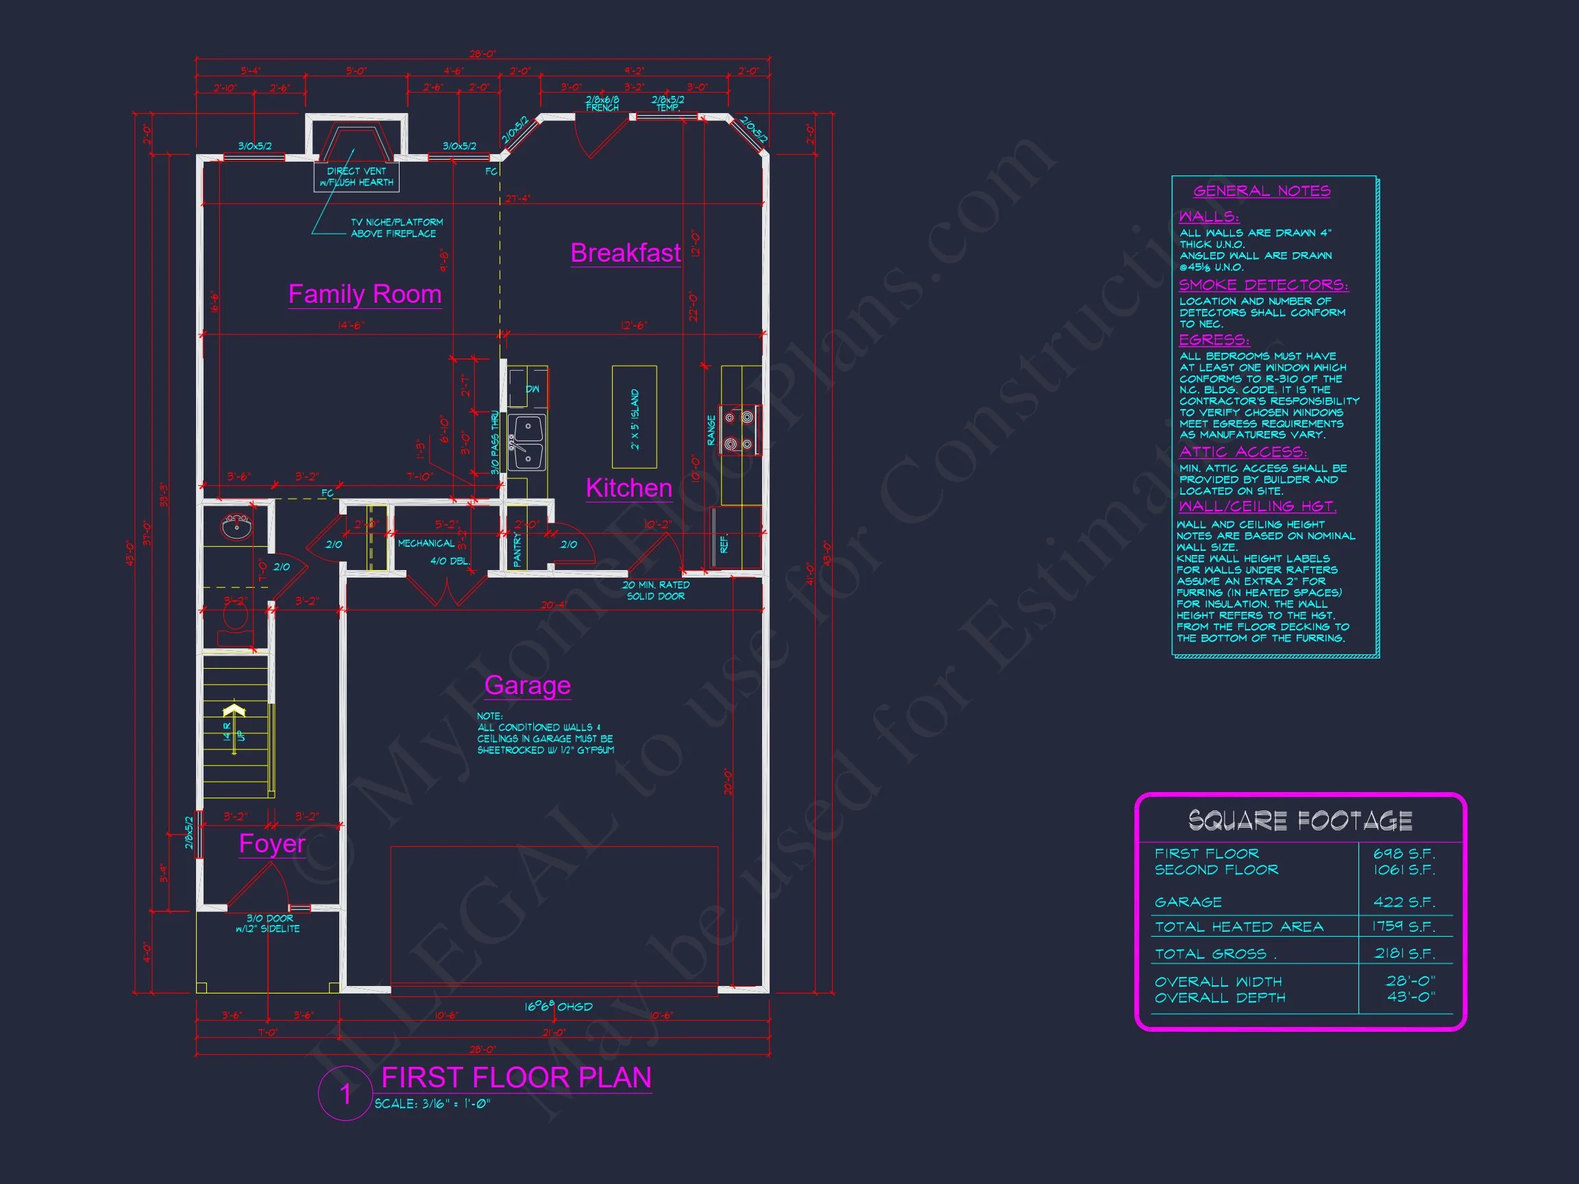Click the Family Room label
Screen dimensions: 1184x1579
point(365,294)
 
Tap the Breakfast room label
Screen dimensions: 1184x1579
point(625,254)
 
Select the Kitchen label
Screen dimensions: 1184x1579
point(629,488)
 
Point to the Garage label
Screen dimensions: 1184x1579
point(528,685)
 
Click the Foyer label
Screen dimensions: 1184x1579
point(272,843)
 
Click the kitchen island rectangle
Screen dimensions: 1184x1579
point(634,417)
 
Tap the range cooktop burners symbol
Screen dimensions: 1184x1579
point(739,430)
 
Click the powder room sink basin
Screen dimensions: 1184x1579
point(236,528)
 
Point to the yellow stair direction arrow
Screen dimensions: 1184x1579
point(234,711)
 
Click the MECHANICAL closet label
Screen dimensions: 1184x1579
point(426,544)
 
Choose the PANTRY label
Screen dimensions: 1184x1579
point(517,550)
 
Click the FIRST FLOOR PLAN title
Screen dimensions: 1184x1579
point(516,1078)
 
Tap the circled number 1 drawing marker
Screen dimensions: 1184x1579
point(345,1094)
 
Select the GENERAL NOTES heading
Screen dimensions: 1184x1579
point(1261,191)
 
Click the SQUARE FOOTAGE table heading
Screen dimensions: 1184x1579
point(1300,821)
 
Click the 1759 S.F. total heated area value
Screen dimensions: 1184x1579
point(1403,926)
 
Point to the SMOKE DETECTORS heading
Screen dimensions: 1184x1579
point(1264,285)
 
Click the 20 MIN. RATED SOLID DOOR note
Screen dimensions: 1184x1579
point(655,590)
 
